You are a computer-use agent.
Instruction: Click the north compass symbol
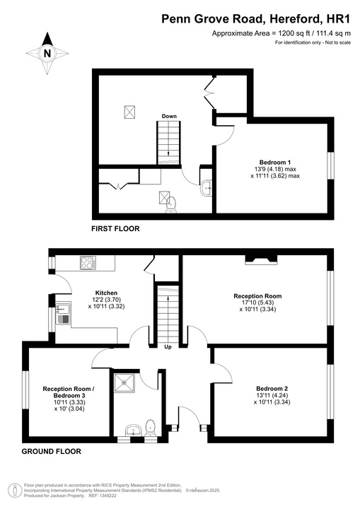[x=47, y=52]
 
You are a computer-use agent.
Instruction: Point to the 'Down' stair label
[x=169, y=116]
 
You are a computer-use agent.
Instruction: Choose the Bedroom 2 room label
[x=272, y=389]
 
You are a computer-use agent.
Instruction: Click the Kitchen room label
[x=106, y=293]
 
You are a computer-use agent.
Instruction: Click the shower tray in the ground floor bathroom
[x=128, y=383]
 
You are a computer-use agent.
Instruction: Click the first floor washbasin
[x=206, y=187]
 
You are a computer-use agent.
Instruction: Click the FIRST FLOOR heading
[x=115, y=228]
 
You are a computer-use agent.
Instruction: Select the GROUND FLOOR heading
[x=51, y=451]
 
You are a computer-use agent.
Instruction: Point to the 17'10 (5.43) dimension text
[x=258, y=303]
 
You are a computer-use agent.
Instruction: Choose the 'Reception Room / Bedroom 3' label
[x=69, y=393]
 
